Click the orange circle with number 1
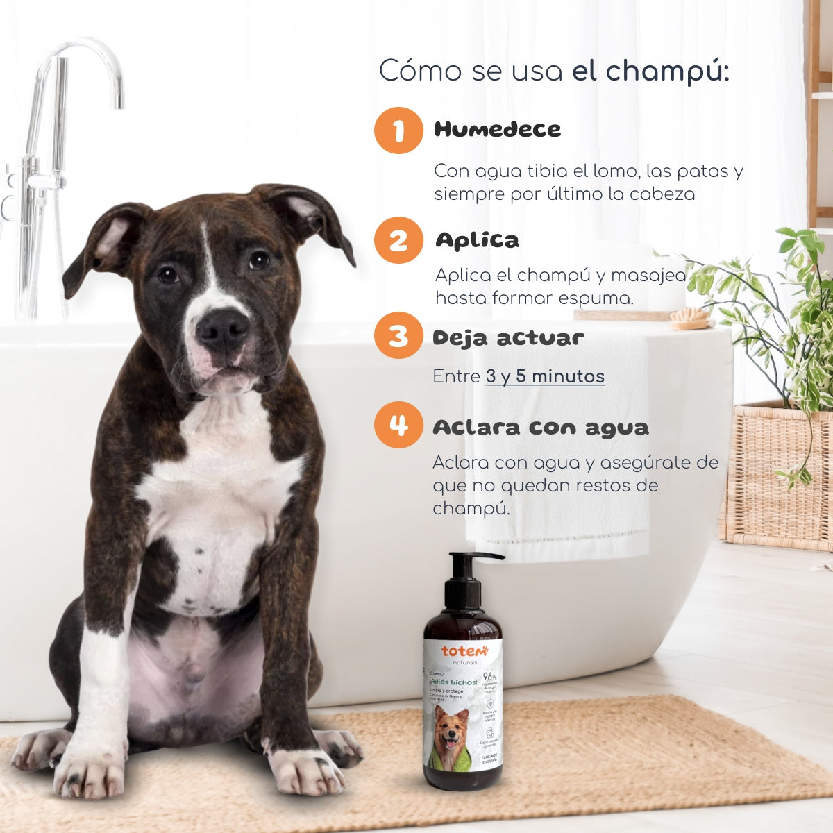pyautogui.click(x=398, y=130)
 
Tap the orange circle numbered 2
pyautogui.click(x=398, y=241)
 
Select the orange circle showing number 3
pyautogui.click(x=398, y=336)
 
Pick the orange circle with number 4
pyautogui.click(x=398, y=425)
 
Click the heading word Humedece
pyautogui.click(x=497, y=130)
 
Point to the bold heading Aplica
pyautogui.click(x=477, y=241)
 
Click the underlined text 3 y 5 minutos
pyautogui.click(x=545, y=377)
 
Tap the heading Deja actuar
pyautogui.click(x=508, y=338)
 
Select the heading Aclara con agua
pyautogui.click(x=540, y=427)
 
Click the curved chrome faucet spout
pyautogui.click(x=83, y=56)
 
